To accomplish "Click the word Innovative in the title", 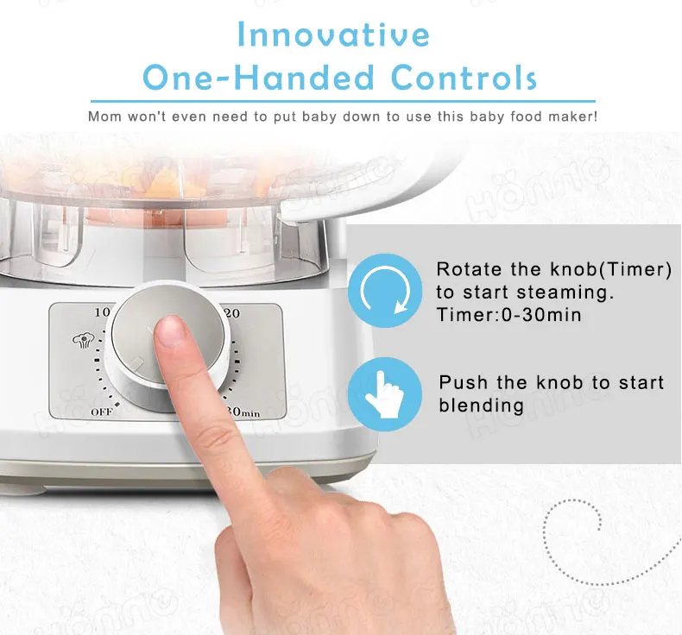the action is (334, 34).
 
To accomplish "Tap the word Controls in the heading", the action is (464, 78).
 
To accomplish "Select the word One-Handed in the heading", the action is (258, 78).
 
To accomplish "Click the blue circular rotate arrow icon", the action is (385, 291).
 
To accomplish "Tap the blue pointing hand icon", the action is (385, 394).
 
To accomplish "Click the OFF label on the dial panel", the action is (102, 412).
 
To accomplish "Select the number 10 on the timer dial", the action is (102, 312).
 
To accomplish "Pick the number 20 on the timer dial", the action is (232, 313).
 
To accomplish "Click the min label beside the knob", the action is (251, 413).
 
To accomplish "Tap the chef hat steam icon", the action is (83, 340).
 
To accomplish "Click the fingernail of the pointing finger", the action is (171, 330).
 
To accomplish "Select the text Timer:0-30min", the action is (508, 315).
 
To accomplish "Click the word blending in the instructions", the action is (481, 406).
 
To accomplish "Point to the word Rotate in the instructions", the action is (470, 269).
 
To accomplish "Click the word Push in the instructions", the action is (464, 382).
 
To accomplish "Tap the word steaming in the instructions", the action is (539, 293).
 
